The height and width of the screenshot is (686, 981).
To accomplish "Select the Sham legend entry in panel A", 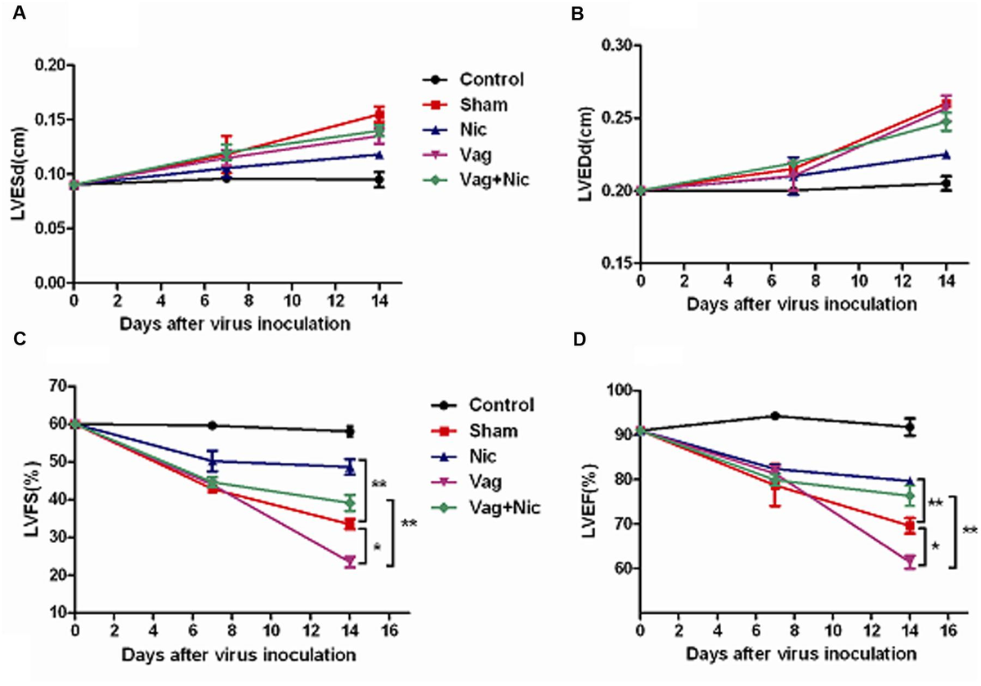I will click(x=482, y=104).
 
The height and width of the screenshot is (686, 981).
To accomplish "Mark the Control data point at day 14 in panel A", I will click(x=379, y=180).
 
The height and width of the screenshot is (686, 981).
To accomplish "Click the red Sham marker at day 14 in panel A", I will click(x=379, y=115).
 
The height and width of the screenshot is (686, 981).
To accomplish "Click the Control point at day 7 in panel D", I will click(x=774, y=416).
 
